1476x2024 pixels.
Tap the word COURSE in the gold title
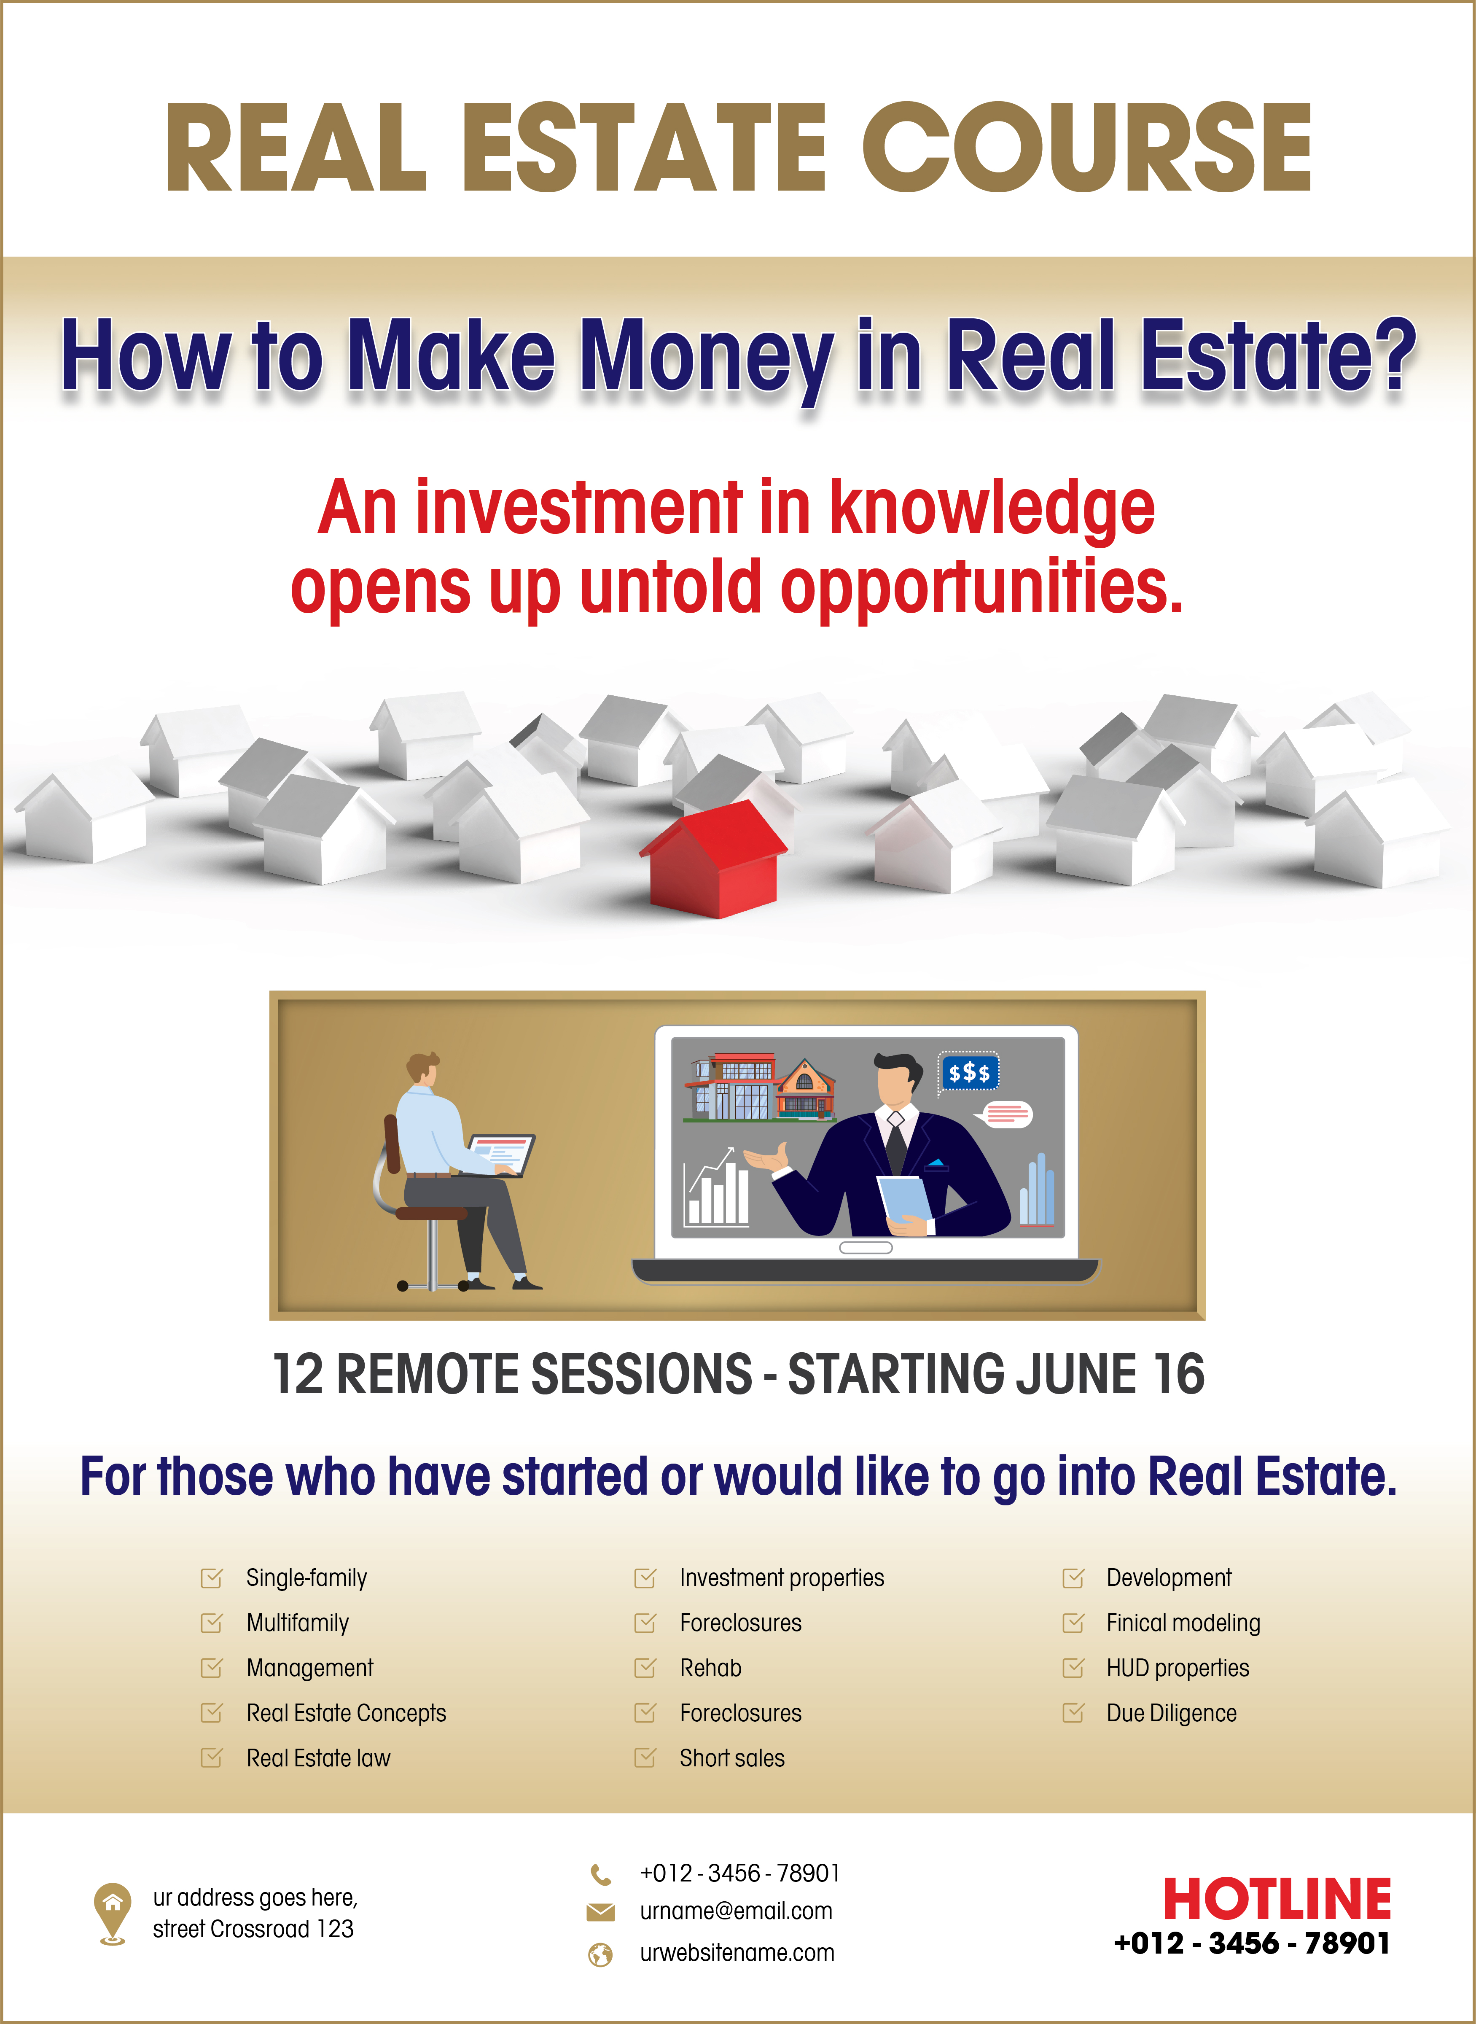coord(1086,148)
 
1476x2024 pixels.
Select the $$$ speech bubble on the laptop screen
coord(968,1072)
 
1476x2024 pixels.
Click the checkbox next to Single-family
coord(212,1578)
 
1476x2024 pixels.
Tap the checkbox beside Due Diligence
coord(1073,1713)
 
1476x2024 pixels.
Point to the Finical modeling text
coord(1183,1623)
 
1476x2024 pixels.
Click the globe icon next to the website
coord(600,1954)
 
